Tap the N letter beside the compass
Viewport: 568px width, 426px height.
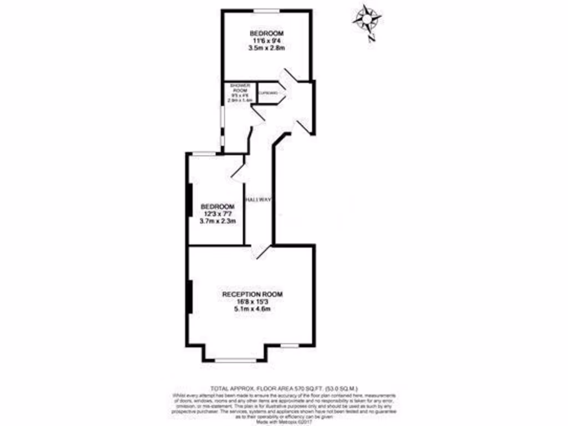[x=373, y=38]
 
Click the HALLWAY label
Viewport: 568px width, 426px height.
[x=258, y=200]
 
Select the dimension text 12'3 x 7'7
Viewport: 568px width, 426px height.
[x=217, y=214]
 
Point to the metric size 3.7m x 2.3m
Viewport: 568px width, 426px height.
[x=217, y=221]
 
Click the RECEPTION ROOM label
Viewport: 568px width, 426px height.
[x=248, y=293]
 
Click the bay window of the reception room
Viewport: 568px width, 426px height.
[x=236, y=361]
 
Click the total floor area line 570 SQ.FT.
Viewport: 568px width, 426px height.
[x=283, y=388]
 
